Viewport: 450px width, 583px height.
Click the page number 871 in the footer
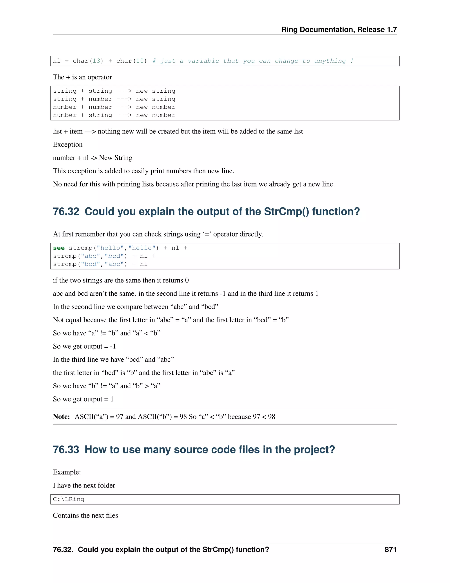click(x=390, y=549)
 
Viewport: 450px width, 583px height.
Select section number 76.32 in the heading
click(x=66, y=211)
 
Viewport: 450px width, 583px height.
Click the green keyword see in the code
click(x=59, y=248)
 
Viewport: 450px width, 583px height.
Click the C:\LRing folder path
click(x=69, y=499)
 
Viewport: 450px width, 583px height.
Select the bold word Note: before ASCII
click(x=61, y=417)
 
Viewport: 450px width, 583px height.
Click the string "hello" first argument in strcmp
click(x=110, y=248)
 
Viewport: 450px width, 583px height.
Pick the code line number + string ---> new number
click(x=114, y=115)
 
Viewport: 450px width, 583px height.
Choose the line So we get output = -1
click(x=84, y=346)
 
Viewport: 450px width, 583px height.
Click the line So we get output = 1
click(x=83, y=399)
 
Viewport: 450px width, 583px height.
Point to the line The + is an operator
click(x=82, y=77)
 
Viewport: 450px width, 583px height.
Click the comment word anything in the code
click(x=330, y=61)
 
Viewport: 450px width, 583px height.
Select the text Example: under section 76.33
click(x=67, y=472)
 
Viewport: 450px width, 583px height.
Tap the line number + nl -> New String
click(x=93, y=158)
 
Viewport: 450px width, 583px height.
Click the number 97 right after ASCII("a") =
click(x=120, y=417)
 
